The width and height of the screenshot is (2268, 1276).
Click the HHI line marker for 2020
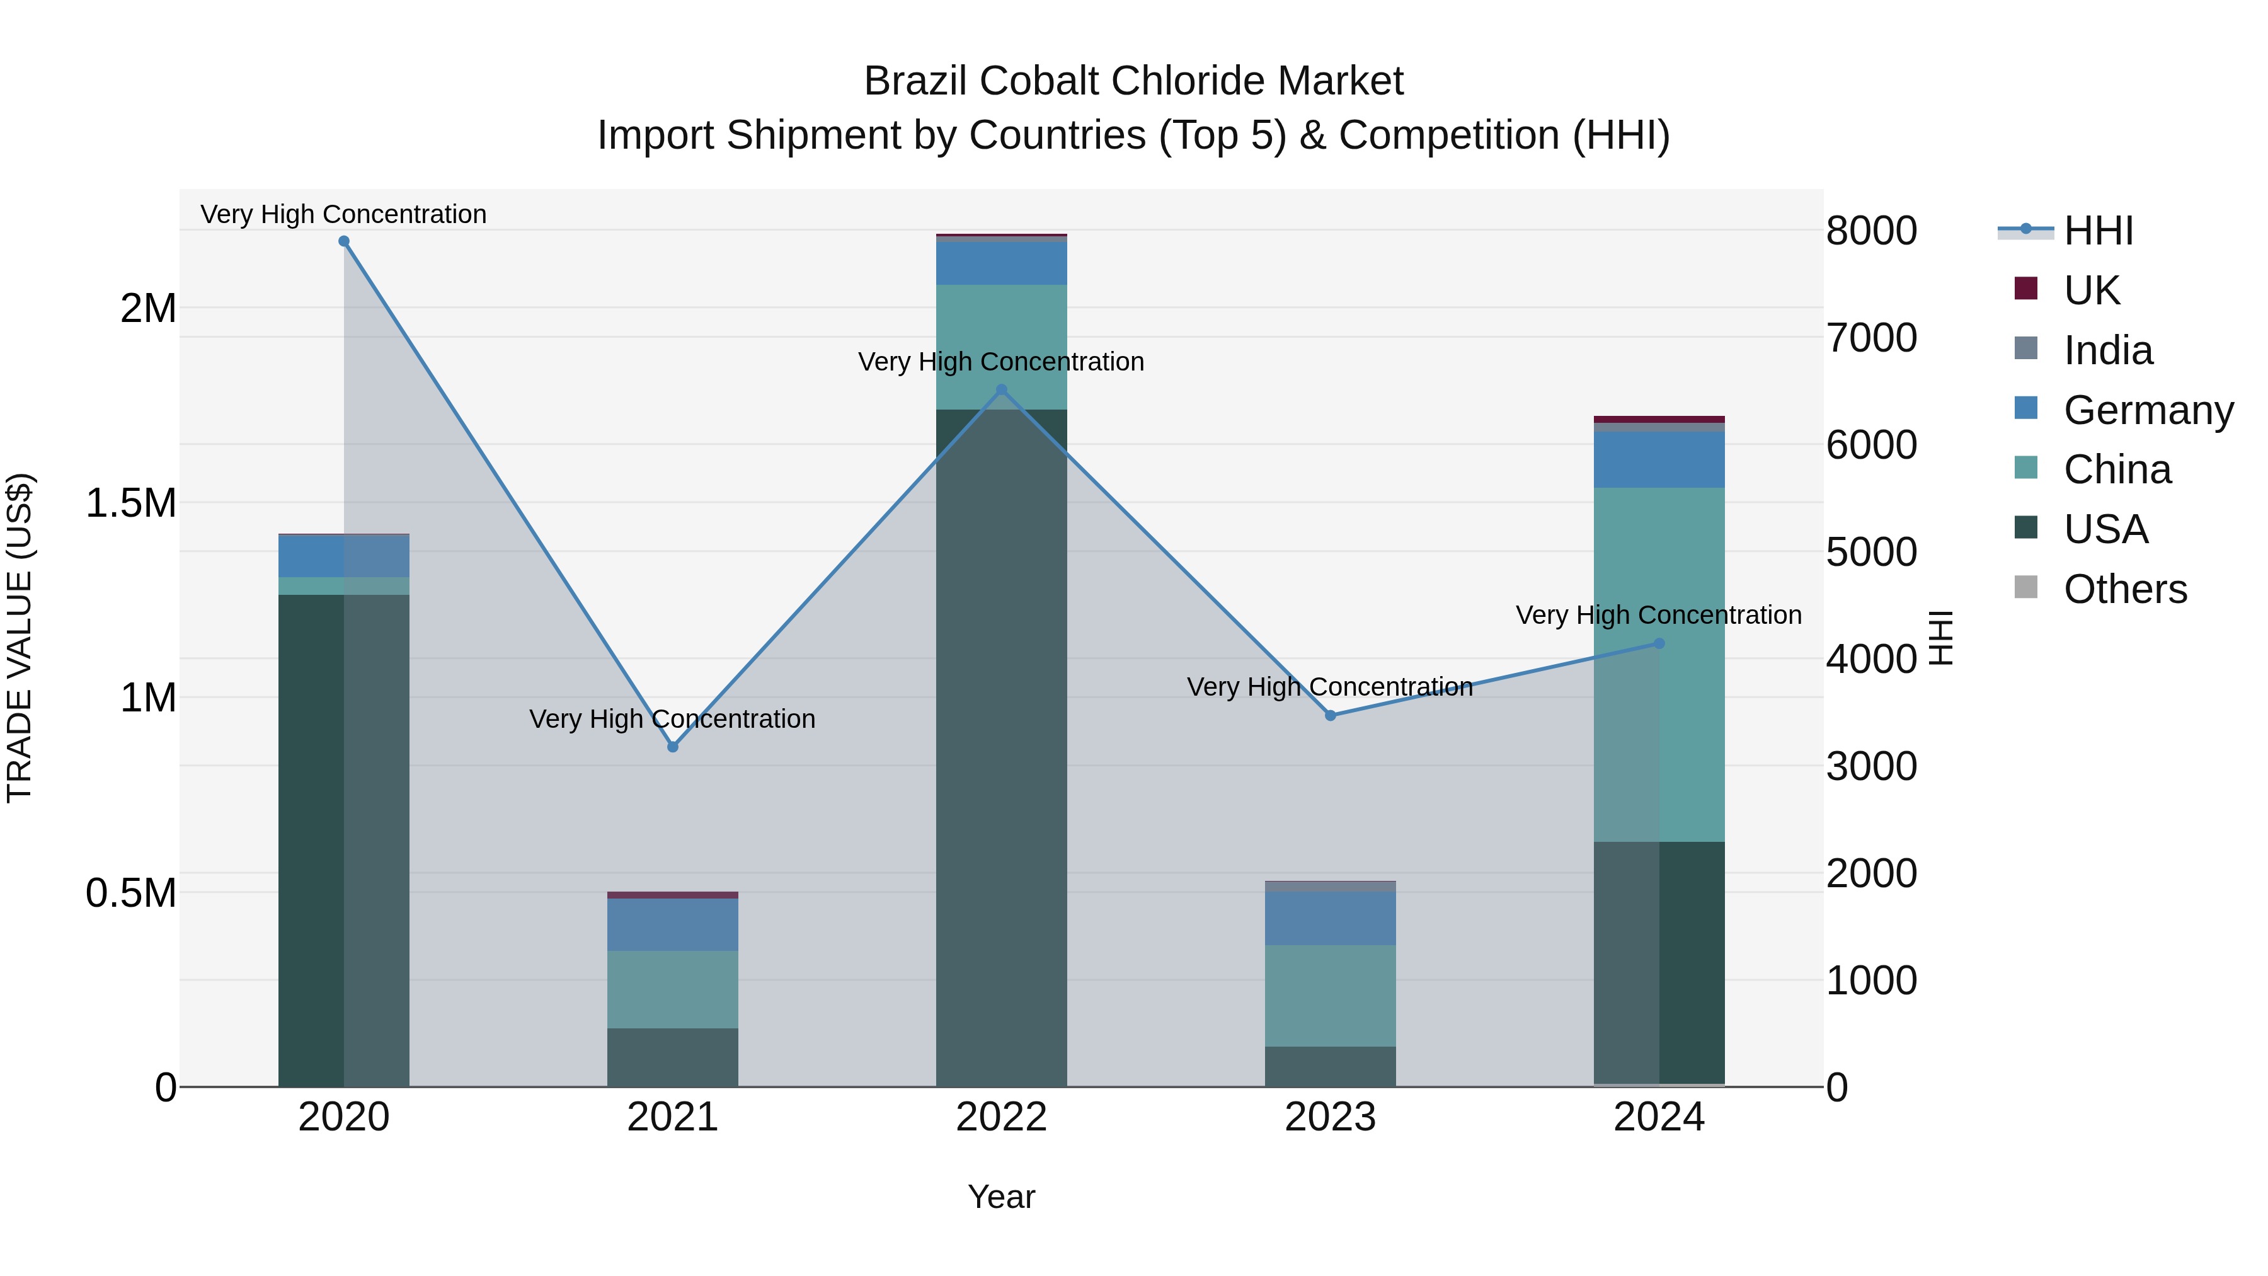(x=344, y=241)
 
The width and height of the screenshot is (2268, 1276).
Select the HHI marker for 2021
(x=673, y=747)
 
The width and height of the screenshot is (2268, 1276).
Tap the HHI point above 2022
(x=1001, y=390)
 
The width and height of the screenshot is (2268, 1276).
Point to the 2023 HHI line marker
(x=1331, y=715)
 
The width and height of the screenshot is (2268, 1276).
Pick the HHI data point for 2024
(x=1659, y=644)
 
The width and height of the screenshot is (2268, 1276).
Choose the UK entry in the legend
(x=2091, y=290)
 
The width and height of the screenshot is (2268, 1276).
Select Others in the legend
(x=2124, y=589)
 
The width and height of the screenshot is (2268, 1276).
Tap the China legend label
(x=2117, y=470)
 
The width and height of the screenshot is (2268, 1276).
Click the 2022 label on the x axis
(x=1001, y=1117)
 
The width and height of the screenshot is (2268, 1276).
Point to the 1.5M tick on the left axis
(x=131, y=503)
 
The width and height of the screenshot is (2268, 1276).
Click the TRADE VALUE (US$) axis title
(x=20, y=638)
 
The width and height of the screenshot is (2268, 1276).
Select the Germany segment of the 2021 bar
(x=673, y=924)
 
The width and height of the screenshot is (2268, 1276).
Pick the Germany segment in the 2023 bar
(x=1331, y=919)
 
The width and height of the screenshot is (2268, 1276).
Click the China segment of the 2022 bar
(x=1001, y=346)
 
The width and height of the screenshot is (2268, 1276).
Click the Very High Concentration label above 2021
(x=673, y=720)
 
